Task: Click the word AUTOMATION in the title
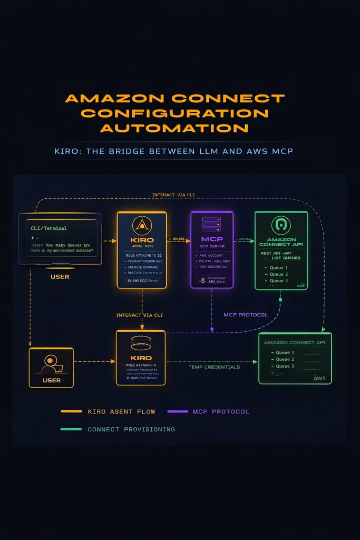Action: [x=174, y=128]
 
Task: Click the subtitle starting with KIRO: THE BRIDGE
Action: [x=174, y=151]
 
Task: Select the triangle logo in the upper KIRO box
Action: [x=141, y=226]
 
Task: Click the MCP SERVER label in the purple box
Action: [x=211, y=246]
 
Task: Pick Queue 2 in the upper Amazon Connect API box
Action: [x=278, y=274]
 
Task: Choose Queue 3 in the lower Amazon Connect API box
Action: [x=285, y=366]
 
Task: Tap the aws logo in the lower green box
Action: [x=319, y=378]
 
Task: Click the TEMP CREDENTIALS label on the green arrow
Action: [x=214, y=367]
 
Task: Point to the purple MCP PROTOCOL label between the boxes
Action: [x=245, y=315]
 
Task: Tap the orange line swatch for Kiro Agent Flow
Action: [x=71, y=411]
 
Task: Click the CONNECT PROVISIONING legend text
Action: [x=131, y=429]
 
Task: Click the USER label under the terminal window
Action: [x=60, y=276]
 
